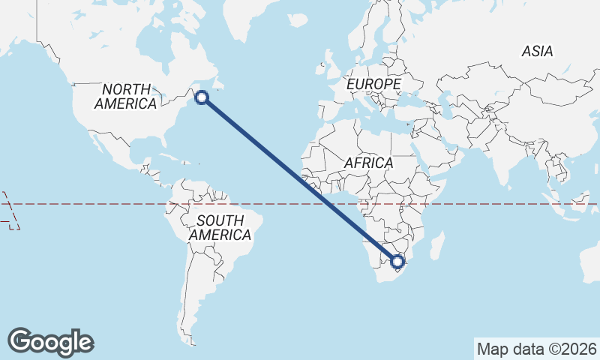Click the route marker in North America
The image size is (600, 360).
click(202, 96)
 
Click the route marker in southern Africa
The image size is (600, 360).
click(397, 262)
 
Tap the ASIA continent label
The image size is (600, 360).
click(538, 52)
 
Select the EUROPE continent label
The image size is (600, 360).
click(373, 85)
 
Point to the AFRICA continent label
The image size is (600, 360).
click(368, 163)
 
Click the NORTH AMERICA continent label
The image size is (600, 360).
click(125, 97)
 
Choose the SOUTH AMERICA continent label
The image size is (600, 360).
click(220, 228)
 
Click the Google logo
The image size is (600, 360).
click(50, 342)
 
